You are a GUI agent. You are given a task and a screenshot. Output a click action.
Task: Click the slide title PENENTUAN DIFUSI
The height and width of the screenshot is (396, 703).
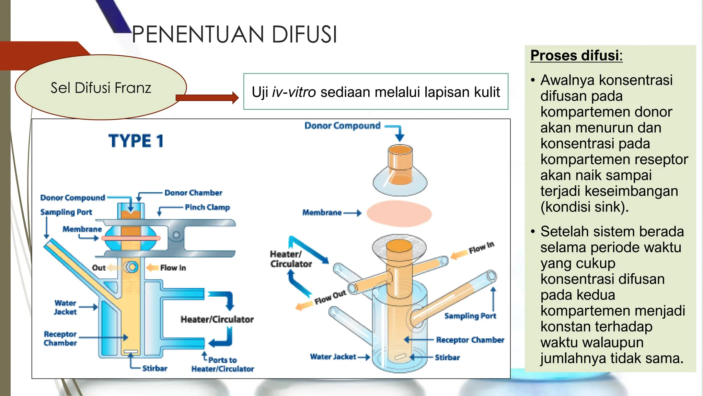pos(234,35)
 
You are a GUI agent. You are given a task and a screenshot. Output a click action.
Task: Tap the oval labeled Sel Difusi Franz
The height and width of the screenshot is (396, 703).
pos(101,88)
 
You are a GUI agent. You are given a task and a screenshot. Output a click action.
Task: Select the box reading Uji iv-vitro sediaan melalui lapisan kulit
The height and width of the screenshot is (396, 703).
pos(376,92)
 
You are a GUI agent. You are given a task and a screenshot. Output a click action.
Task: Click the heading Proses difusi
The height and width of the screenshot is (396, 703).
pos(576,56)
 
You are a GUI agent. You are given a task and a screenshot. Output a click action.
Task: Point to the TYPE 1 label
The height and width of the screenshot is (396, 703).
pos(136,141)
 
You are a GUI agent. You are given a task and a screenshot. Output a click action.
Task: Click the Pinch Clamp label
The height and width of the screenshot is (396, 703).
pos(207,207)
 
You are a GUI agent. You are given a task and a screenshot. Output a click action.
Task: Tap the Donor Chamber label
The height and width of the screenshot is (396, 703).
pos(193,193)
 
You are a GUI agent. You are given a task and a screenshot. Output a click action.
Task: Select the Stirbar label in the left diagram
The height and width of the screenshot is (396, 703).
pos(155,368)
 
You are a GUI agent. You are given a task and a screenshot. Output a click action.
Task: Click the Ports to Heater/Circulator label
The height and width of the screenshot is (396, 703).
pos(222,364)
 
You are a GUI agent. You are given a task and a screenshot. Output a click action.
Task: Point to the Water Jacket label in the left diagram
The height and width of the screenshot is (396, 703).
pos(65,307)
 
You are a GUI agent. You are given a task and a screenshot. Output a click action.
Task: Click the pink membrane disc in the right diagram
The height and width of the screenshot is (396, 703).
pos(399,213)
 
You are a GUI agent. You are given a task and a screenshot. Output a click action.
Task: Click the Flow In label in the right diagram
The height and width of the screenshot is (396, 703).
pos(481,247)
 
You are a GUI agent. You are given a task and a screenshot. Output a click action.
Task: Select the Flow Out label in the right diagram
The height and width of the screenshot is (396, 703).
pos(330,297)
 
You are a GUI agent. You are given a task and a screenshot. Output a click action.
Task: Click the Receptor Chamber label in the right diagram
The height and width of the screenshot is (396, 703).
pos(470,340)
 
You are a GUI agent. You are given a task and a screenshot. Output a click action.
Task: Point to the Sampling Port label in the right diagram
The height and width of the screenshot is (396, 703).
pos(470,316)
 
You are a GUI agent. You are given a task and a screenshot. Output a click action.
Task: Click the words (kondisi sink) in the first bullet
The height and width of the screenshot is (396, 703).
pos(584,207)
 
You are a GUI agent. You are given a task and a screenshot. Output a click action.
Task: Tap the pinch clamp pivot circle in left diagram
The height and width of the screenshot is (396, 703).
pos(176,235)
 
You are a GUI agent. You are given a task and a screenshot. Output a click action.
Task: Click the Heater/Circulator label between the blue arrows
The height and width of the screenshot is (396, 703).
pos(217,320)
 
